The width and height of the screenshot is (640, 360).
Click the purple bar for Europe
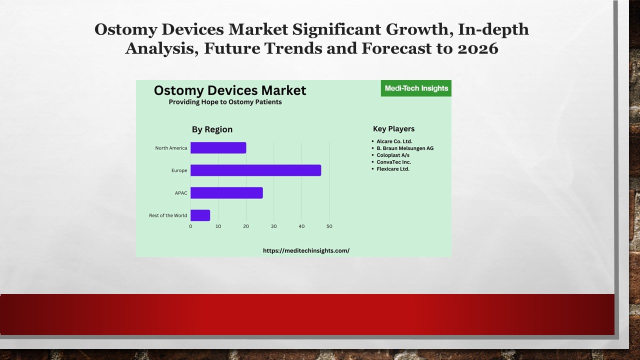point(255,170)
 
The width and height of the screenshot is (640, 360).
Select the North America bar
point(218,148)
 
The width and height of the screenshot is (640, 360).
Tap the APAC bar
point(226,193)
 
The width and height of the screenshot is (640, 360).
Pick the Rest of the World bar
point(200,215)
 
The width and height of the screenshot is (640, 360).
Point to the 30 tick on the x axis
point(274,226)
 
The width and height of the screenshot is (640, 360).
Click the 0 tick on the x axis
point(190,226)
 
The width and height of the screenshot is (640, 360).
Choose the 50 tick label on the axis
point(329,226)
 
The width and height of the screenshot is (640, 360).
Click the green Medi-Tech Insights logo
point(416,88)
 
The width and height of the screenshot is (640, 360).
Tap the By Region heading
point(212,129)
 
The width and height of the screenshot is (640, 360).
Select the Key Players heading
point(393,129)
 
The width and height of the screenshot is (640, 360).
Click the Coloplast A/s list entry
point(393,155)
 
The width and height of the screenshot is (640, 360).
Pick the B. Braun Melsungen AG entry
point(405,148)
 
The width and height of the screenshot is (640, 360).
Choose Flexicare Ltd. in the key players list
point(393,169)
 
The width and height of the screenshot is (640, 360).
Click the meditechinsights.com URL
point(306,250)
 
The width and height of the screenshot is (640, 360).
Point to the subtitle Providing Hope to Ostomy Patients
point(225,102)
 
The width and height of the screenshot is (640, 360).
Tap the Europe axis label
point(179,170)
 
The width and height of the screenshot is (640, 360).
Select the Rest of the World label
point(168,215)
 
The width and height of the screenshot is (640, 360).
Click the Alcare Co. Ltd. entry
point(394,141)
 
